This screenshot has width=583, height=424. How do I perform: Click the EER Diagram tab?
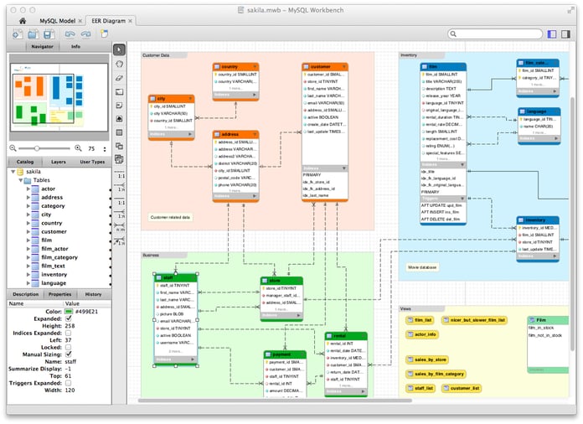pos(110,18)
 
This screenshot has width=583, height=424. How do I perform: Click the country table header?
pos(235,66)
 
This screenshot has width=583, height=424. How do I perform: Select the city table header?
pos(170,98)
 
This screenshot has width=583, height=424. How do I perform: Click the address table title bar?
pos(235,134)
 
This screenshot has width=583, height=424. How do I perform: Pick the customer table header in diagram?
pos(324,66)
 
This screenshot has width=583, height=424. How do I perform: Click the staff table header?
pos(175,277)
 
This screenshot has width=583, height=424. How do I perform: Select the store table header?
pos(281,281)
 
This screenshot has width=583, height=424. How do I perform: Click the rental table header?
pos(345,335)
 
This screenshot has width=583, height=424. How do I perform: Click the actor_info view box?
pos(425,334)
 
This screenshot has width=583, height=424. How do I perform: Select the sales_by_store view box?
pos(430,359)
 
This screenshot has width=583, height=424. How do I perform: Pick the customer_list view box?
pos(463,389)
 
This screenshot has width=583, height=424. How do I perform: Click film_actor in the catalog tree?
pos(54,249)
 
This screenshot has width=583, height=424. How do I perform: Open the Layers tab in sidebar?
pos(59,161)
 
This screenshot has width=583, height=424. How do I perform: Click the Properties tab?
pos(59,294)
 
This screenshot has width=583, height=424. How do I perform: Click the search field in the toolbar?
pos(494,34)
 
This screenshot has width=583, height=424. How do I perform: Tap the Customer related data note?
pos(170,217)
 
